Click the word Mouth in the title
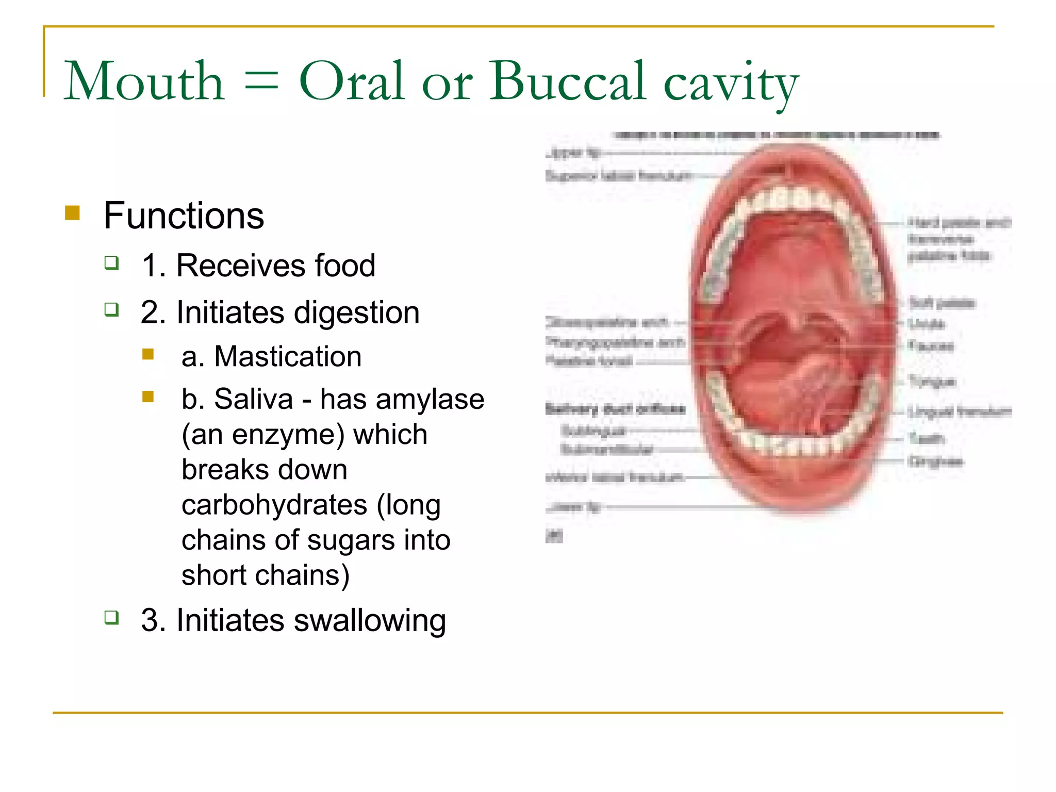click(x=144, y=81)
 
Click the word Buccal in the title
click(x=567, y=81)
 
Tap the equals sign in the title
click(x=261, y=82)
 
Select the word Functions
click(x=184, y=216)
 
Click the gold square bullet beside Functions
click(x=73, y=213)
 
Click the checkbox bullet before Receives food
click(x=111, y=263)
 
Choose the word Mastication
click(x=287, y=356)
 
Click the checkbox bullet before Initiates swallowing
click(x=111, y=617)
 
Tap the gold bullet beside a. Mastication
click(x=148, y=354)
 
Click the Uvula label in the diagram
click(x=927, y=324)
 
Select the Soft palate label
click(x=942, y=303)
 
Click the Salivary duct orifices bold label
click(x=615, y=409)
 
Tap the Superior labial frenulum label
click(x=618, y=176)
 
